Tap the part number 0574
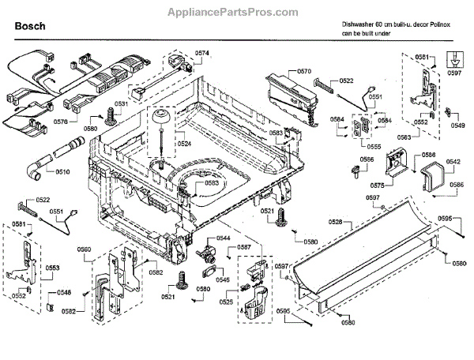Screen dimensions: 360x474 tap(202, 53)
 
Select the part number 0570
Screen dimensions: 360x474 tap(304, 71)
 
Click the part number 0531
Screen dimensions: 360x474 tap(120, 103)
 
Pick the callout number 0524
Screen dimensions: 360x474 tap(184, 144)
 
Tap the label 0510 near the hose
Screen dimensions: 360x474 tap(62, 171)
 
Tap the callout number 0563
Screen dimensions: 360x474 tap(404, 137)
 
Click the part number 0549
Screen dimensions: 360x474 tap(457, 125)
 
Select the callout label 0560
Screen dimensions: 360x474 tap(84, 250)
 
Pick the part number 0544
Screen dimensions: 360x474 tap(224, 238)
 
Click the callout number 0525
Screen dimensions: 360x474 tap(225, 302)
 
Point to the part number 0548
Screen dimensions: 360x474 tap(63, 292)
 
